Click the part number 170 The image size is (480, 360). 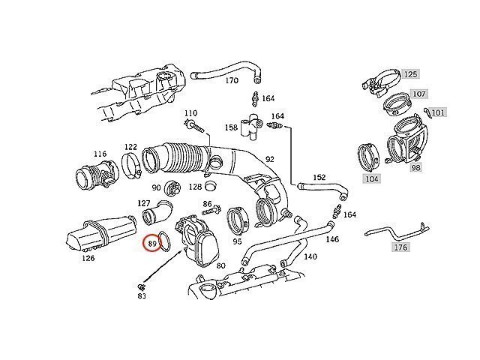tap(231, 80)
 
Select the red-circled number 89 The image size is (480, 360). tap(153, 243)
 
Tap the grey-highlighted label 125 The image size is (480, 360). tap(410, 74)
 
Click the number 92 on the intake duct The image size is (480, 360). tap(270, 159)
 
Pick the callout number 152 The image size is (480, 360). tap(319, 178)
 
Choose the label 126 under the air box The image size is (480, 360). tap(88, 258)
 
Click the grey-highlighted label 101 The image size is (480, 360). tap(438, 113)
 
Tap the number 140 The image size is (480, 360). tap(310, 256)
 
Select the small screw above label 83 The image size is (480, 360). tap(141, 286)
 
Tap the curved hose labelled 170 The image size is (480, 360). tap(225, 70)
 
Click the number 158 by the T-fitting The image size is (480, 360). tap(231, 128)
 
